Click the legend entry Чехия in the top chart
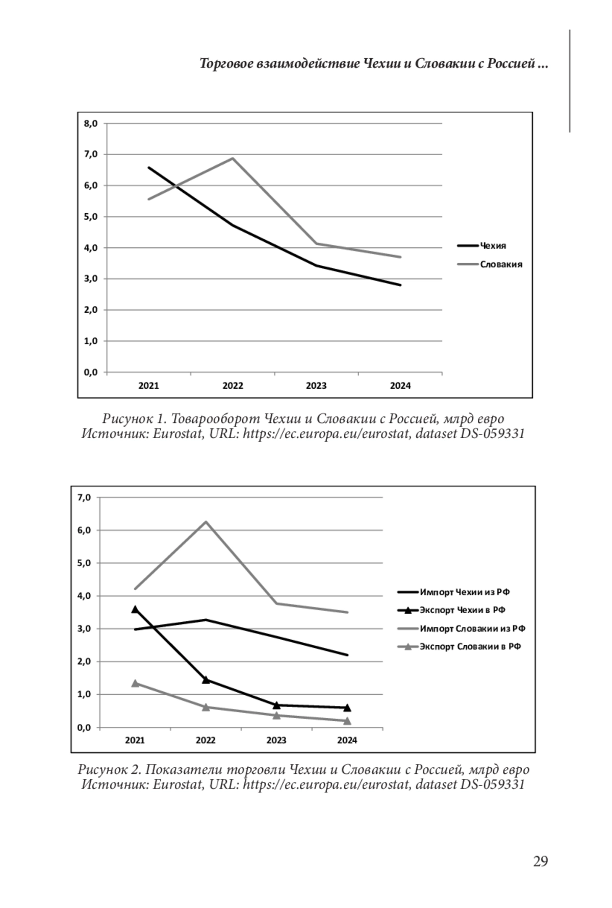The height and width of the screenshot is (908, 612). click(492, 246)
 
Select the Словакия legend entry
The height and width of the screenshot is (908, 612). click(500, 264)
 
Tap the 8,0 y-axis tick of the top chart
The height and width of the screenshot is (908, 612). click(91, 123)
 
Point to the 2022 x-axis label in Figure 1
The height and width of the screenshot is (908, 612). click(233, 386)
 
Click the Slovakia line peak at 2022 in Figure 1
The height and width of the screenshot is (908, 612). click(233, 158)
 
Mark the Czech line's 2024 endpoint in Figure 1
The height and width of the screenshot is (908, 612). click(400, 285)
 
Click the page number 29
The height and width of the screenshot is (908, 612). click(540, 861)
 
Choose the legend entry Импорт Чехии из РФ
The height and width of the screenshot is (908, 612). click(465, 592)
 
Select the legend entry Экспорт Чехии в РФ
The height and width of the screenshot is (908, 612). click(462, 610)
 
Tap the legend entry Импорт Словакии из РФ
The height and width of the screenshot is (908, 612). click(472, 628)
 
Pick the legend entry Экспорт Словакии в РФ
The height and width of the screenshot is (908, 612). click(470, 647)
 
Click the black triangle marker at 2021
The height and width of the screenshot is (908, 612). click(135, 609)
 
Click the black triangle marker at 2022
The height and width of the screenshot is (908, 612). click(206, 679)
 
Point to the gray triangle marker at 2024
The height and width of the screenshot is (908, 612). click(347, 721)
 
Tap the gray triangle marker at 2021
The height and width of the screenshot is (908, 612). click(135, 683)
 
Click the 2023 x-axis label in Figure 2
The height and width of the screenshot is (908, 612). click(276, 740)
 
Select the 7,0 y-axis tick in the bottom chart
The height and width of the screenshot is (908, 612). click(84, 497)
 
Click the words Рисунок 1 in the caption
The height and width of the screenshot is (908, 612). click(134, 419)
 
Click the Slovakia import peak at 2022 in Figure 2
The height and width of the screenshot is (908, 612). click(206, 521)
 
